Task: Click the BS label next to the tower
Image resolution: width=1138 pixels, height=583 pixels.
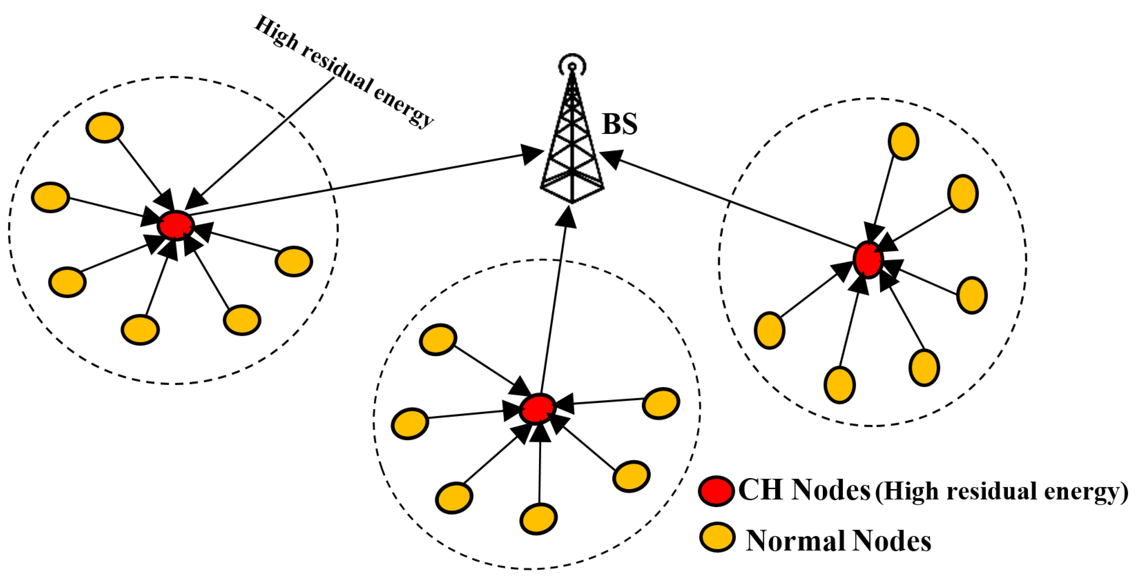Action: click(619, 124)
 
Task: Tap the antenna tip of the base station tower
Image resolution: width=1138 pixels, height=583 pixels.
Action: click(572, 66)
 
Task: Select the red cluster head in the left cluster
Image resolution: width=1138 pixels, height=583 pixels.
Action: click(176, 225)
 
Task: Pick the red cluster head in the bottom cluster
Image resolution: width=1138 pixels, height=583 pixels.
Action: click(537, 409)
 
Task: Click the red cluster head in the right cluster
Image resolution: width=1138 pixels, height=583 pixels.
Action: click(868, 259)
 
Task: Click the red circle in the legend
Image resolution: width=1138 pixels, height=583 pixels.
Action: click(717, 491)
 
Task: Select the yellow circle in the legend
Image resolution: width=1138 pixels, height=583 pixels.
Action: click(717, 538)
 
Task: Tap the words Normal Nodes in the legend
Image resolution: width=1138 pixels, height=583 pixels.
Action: click(838, 541)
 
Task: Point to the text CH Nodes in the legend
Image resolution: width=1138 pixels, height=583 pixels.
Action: click(804, 490)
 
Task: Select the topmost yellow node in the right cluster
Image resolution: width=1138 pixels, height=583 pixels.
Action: click(903, 141)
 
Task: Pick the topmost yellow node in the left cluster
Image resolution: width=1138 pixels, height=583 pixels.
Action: click(105, 127)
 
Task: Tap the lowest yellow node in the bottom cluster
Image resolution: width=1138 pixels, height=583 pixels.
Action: click(538, 519)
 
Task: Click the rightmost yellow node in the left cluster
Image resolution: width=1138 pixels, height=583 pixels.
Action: click(294, 261)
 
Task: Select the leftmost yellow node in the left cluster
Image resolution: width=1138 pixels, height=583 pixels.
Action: click(50, 197)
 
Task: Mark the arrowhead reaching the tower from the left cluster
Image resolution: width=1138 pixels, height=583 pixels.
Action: click(533, 154)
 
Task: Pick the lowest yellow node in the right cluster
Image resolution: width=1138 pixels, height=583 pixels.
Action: click(839, 385)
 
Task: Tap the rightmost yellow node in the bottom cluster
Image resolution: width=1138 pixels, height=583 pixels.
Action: click(661, 403)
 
